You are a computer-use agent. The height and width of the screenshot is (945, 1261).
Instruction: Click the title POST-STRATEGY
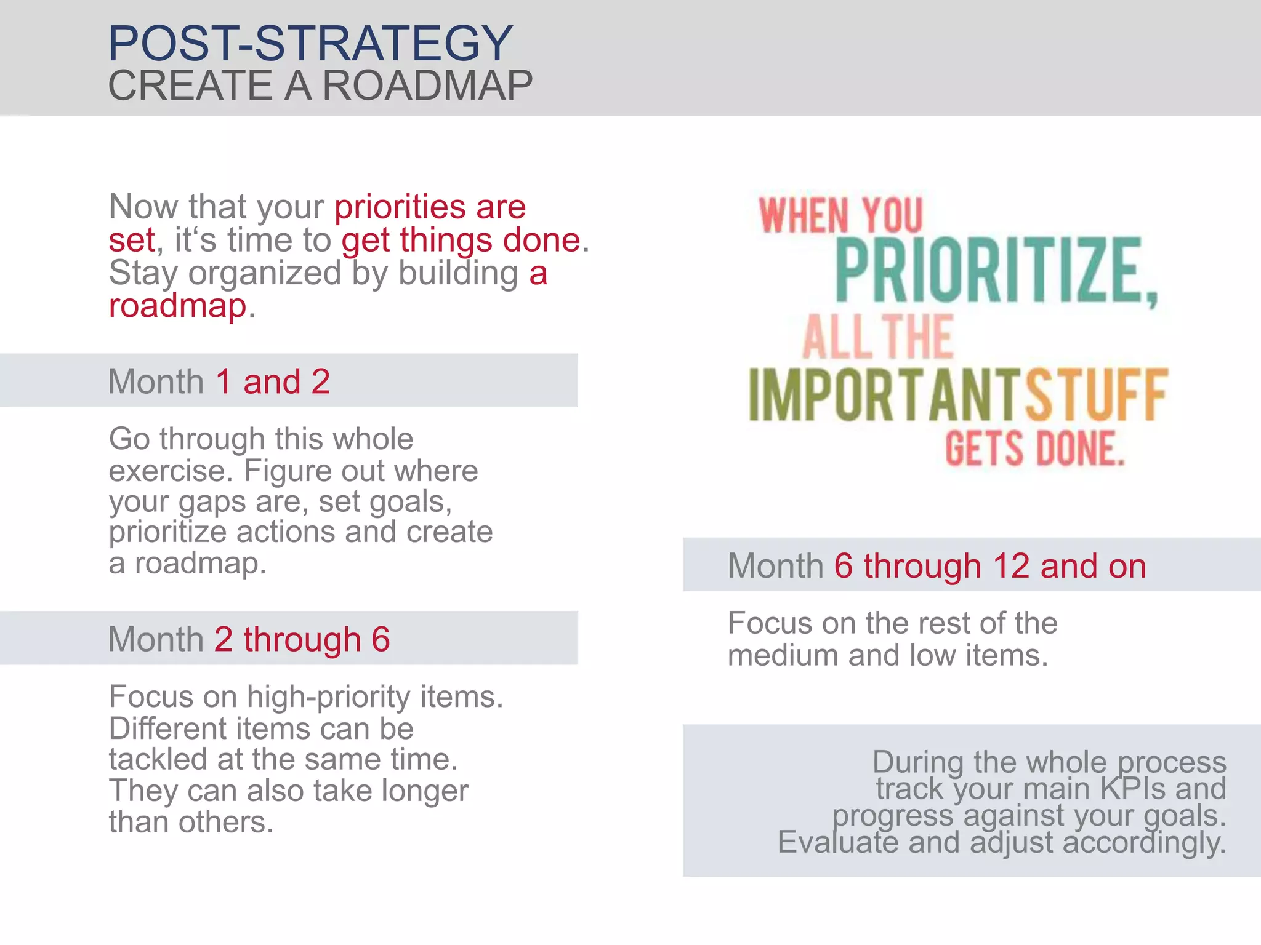point(310,43)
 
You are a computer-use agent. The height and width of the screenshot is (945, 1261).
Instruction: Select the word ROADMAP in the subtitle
point(427,86)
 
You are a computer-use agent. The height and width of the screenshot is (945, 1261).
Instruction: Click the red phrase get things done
point(461,240)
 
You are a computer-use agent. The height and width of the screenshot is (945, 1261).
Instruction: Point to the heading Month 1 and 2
point(219,381)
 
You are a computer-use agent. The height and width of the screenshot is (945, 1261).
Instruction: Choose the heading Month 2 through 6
point(249,639)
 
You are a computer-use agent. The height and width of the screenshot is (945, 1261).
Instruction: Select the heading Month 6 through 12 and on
point(937,566)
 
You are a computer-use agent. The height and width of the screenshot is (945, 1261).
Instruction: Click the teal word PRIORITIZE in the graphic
point(996,271)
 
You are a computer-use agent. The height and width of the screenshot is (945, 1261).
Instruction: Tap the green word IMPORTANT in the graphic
point(884,396)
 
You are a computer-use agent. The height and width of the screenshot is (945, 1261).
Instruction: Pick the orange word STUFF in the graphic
point(1096,396)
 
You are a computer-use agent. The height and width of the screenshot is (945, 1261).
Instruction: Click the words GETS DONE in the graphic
point(1035,449)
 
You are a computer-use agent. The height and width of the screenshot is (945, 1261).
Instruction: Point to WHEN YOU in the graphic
point(841,215)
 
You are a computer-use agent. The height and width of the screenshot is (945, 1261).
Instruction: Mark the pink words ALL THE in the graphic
point(878,337)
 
